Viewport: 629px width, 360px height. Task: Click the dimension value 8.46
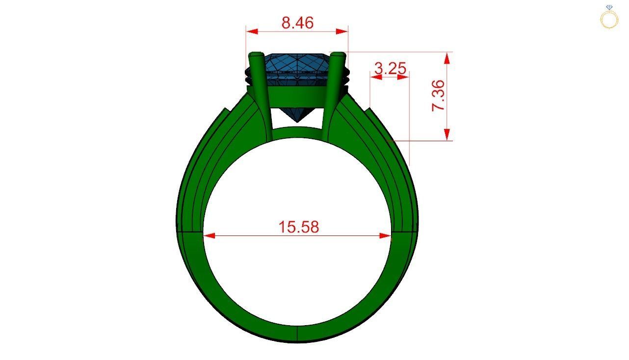point(297,23)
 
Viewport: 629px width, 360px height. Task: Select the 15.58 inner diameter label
point(298,227)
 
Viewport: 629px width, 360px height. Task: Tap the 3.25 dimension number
point(390,69)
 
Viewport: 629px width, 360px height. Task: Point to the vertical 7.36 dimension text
point(438,96)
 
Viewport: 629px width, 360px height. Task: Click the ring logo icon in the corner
point(609,18)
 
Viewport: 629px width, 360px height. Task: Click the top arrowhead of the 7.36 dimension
point(446,58)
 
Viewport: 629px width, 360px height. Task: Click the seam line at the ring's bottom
point(297,334)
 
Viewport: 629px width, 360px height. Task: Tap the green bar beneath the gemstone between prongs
point(297,94)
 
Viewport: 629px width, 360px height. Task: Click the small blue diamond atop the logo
point(609,7)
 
